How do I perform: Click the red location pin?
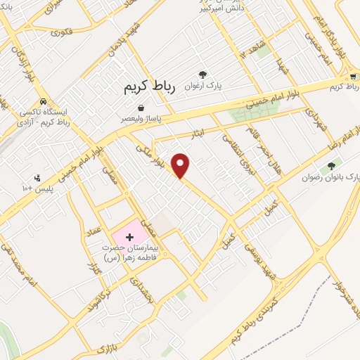coord(181,165)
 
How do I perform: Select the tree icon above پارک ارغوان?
coord(202,74)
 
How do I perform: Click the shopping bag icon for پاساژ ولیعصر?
coord(141,108)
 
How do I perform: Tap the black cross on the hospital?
coord(129,237)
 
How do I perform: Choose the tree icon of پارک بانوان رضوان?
coord(331,166)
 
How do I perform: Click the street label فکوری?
coord(62,32)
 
